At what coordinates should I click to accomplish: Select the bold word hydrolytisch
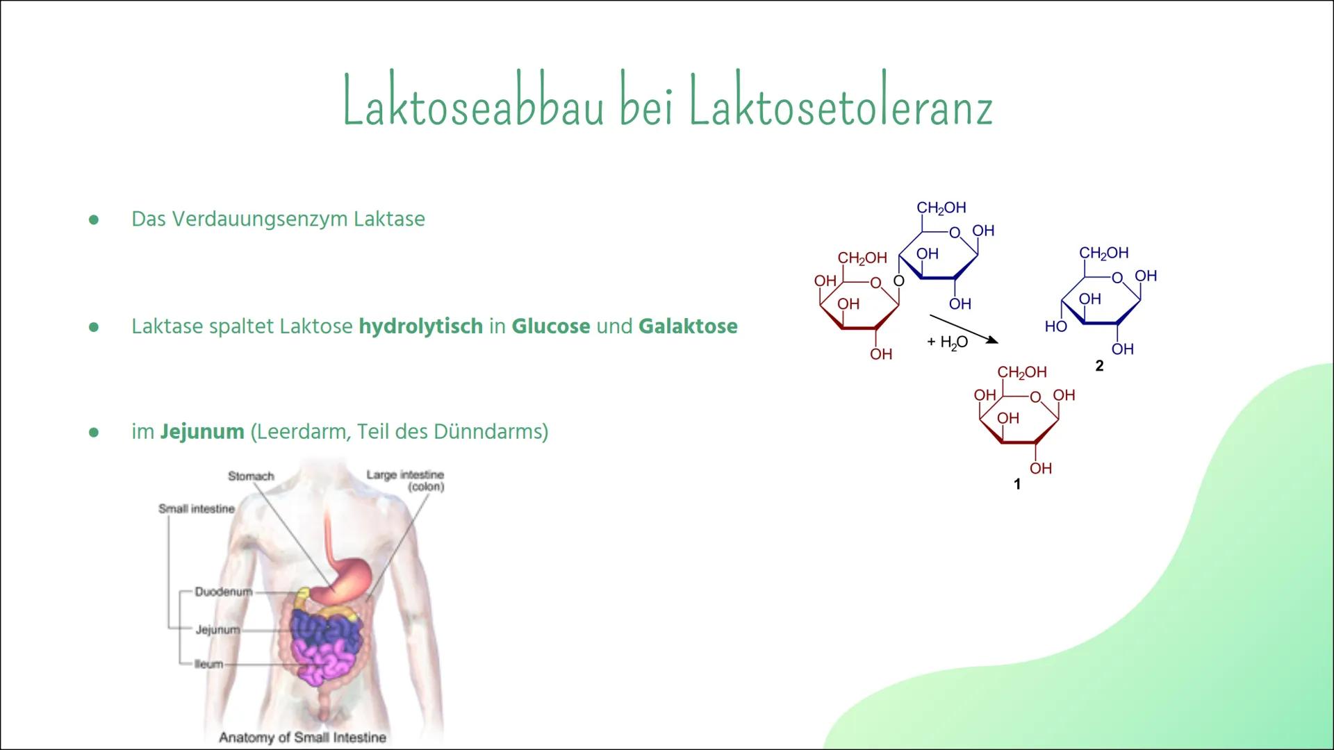(420, 326)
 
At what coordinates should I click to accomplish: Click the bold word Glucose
(550, 326)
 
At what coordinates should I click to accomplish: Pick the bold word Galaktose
(687, 326)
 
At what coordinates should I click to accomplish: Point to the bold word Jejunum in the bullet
(202, 431)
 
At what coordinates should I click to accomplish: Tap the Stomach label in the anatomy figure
(251, 476)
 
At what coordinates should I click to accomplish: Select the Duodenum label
(222, 592)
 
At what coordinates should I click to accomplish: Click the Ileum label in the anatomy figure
(208, 664)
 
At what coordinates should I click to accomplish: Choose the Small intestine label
(197, 509)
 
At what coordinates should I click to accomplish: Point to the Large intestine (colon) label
(406, 480)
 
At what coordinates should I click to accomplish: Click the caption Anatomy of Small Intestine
(302, 737)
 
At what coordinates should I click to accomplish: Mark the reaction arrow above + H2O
(963, 328)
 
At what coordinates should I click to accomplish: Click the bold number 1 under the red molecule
(1017, 484)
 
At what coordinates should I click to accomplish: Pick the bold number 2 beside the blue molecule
(1099, 366)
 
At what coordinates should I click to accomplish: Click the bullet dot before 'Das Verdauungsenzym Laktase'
(94, 219)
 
